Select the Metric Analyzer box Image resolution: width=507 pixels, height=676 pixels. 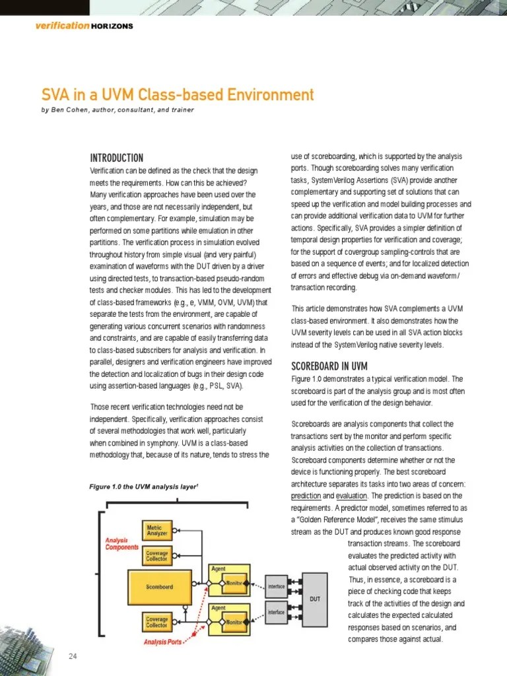click(157, 529)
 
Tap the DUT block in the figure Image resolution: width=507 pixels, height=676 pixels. click(315, 599)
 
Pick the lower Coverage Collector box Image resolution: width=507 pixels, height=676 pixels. click(157, 623)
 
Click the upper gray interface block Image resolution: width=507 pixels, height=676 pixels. click(276, 586)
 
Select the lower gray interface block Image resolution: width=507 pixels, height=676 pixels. click(276, 612)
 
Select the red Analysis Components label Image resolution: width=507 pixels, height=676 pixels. click(122, 543)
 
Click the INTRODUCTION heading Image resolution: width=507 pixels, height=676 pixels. click(116, 158)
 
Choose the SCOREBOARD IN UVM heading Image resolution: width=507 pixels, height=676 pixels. click(329, 366)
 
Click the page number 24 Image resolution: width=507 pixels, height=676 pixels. click(73, 656)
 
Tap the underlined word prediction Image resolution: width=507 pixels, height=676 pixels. click(306, 495)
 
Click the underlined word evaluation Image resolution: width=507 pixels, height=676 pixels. click(351, 495)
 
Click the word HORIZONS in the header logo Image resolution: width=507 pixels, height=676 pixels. click(112, 26)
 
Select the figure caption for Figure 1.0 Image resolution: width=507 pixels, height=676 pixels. click(144, 487)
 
